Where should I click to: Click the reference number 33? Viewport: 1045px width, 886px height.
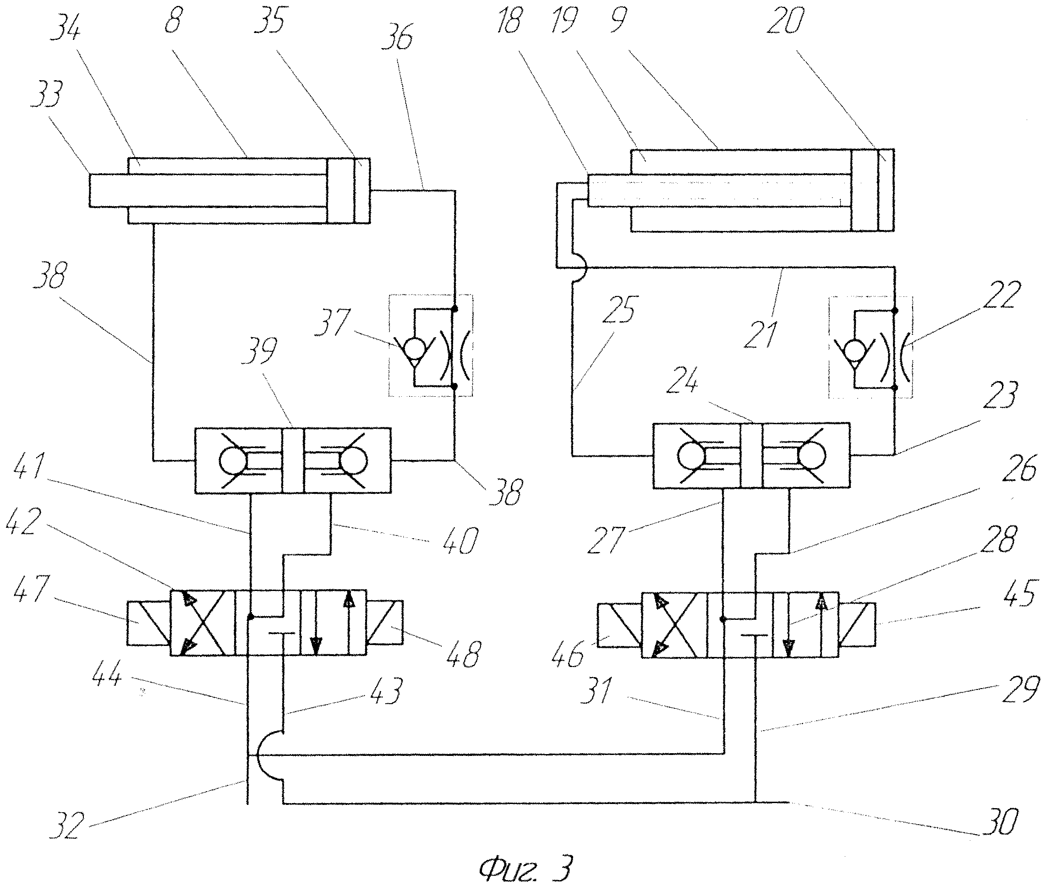click(x=47, y=94)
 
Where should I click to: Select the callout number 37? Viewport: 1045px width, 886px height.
click(x=332, y=322)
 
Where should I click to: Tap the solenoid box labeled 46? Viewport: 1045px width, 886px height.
click(x=620, y=624)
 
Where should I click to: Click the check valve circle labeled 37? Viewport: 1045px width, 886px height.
click(x=414, y=349)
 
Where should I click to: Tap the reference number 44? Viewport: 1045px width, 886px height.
click(x=106, y=674)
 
